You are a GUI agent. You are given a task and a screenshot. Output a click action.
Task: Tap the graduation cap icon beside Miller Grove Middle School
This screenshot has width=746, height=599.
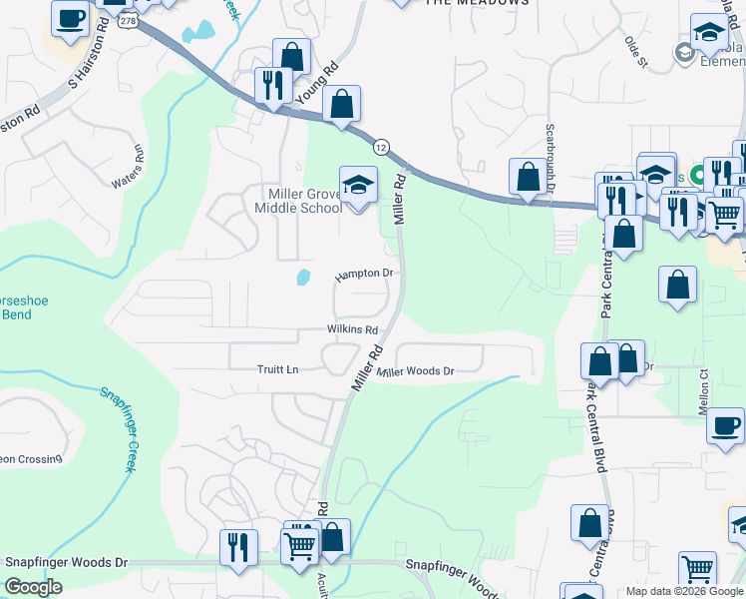(358, 185)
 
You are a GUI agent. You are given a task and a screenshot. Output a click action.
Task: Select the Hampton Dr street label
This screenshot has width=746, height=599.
(365, 274)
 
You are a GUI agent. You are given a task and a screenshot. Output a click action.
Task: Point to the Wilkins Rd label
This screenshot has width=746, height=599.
(352, 329)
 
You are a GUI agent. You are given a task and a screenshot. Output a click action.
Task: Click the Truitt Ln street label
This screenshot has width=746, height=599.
(278, 369)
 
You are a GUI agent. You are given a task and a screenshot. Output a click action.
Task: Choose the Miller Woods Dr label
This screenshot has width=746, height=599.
(417, 371)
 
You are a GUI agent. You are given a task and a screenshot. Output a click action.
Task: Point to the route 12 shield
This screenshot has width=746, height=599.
(381, 147)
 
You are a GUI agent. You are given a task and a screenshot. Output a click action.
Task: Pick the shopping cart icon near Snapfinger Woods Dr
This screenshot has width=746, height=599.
(299, 546)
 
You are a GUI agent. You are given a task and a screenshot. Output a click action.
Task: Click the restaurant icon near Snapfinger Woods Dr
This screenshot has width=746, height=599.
(239, 548)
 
